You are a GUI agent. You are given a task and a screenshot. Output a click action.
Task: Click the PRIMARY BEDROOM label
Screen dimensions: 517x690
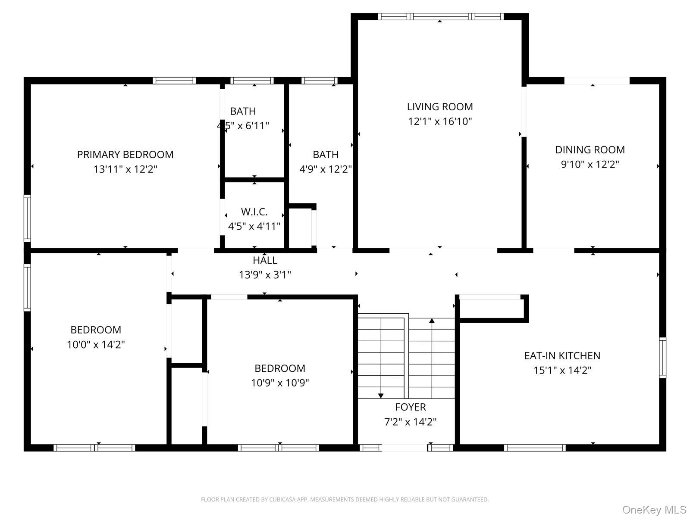[x=125, y=154]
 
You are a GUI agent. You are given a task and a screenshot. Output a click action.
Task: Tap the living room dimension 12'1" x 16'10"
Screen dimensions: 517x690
[x=440, y=121]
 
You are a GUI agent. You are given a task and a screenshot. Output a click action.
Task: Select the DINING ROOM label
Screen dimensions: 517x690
[x=590, y=150]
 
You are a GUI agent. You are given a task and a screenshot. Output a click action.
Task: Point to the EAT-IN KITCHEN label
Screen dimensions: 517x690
[x=562, y=355]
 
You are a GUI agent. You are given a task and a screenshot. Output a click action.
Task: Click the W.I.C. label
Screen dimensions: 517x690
[x=254, y=212]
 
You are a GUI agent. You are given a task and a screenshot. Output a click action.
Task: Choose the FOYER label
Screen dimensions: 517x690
[x=410, y=407]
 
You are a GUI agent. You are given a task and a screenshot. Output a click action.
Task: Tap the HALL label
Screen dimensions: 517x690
[x=265, y=260]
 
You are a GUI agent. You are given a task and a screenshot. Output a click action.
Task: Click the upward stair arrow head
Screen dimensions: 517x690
[x=432, y=321]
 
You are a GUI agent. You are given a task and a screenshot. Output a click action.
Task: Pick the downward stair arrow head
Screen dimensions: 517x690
[x=381, y=396]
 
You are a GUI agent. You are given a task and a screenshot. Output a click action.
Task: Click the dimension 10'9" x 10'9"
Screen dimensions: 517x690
[x=280, y=383]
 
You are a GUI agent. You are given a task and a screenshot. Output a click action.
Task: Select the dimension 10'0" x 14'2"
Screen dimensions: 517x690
[x=96, y=345]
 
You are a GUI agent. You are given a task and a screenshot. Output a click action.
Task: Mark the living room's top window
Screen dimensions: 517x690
[x=440, y=17]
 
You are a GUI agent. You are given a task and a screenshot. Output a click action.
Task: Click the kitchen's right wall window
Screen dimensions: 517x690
[x=662, y=358]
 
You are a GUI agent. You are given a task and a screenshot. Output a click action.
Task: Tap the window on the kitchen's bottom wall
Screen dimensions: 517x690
[x=534, y=448]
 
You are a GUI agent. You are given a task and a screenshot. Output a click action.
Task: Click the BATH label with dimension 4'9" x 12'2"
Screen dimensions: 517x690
[x=326, y=154]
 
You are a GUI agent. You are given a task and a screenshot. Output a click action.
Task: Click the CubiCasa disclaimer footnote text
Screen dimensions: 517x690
[x=345, y=499]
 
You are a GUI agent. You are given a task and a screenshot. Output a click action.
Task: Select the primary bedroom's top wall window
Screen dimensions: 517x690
[x=174, y=81]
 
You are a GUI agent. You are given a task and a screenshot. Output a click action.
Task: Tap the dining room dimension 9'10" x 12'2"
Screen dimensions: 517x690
[x=590, y=165]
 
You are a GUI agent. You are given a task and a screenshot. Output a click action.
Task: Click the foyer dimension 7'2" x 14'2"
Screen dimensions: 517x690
[x=410, y=422]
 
